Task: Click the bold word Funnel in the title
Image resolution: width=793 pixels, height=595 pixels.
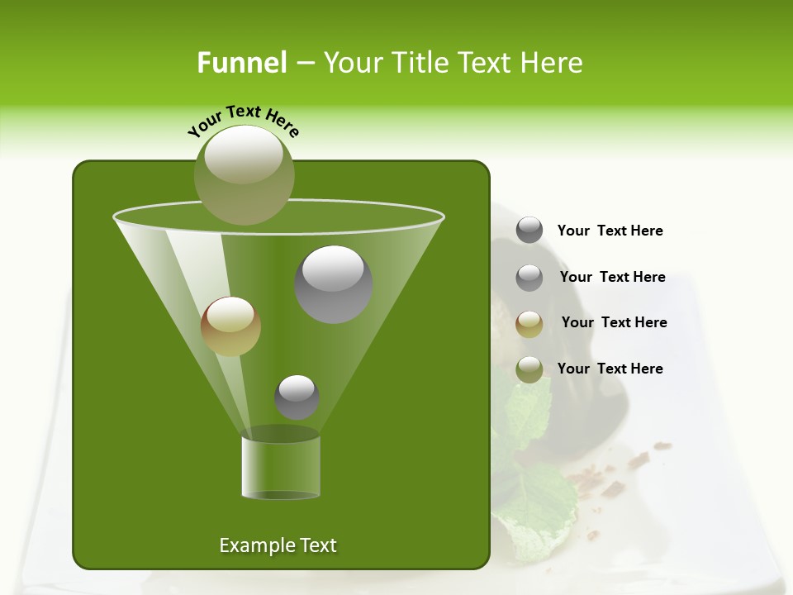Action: tap(241, 63)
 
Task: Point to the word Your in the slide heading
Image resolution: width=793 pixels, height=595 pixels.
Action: tap(352, 63)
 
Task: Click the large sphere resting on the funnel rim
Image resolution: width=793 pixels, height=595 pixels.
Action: tap(244, 174)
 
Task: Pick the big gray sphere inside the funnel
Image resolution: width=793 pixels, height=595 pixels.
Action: tap(333, 284)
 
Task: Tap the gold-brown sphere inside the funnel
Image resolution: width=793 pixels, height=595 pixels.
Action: tap(230, 326)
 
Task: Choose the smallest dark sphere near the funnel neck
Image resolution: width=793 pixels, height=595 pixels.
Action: tap(297, 397)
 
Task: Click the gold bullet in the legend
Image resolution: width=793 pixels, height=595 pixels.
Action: tap(529, 323)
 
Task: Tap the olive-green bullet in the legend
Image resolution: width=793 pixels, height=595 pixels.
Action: tap(529, 369)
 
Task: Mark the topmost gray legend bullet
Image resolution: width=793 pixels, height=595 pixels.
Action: tap(529, 231)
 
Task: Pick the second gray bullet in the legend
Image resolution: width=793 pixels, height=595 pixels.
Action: tap(529, 277)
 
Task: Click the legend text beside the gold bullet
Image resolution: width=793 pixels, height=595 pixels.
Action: tap(614, 322)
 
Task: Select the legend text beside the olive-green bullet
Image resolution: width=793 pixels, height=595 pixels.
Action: tap(610, 369)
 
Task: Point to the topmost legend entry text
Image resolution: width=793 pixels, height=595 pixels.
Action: tap(610, 231)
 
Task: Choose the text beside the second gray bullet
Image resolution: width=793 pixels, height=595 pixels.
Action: tap(612, 277)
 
